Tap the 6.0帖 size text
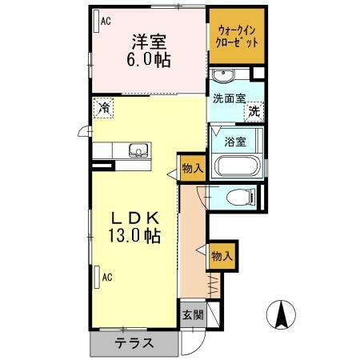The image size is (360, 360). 150,61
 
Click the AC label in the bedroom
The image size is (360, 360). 104,22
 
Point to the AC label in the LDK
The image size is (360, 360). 105,278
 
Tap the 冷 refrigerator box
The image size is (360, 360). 104,106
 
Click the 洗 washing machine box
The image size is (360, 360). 254,113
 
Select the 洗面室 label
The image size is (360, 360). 228,99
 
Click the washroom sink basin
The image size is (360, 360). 222,77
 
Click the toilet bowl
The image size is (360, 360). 238,197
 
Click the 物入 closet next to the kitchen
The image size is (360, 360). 192,168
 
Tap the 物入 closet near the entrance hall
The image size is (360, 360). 221,256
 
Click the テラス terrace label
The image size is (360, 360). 134,345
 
